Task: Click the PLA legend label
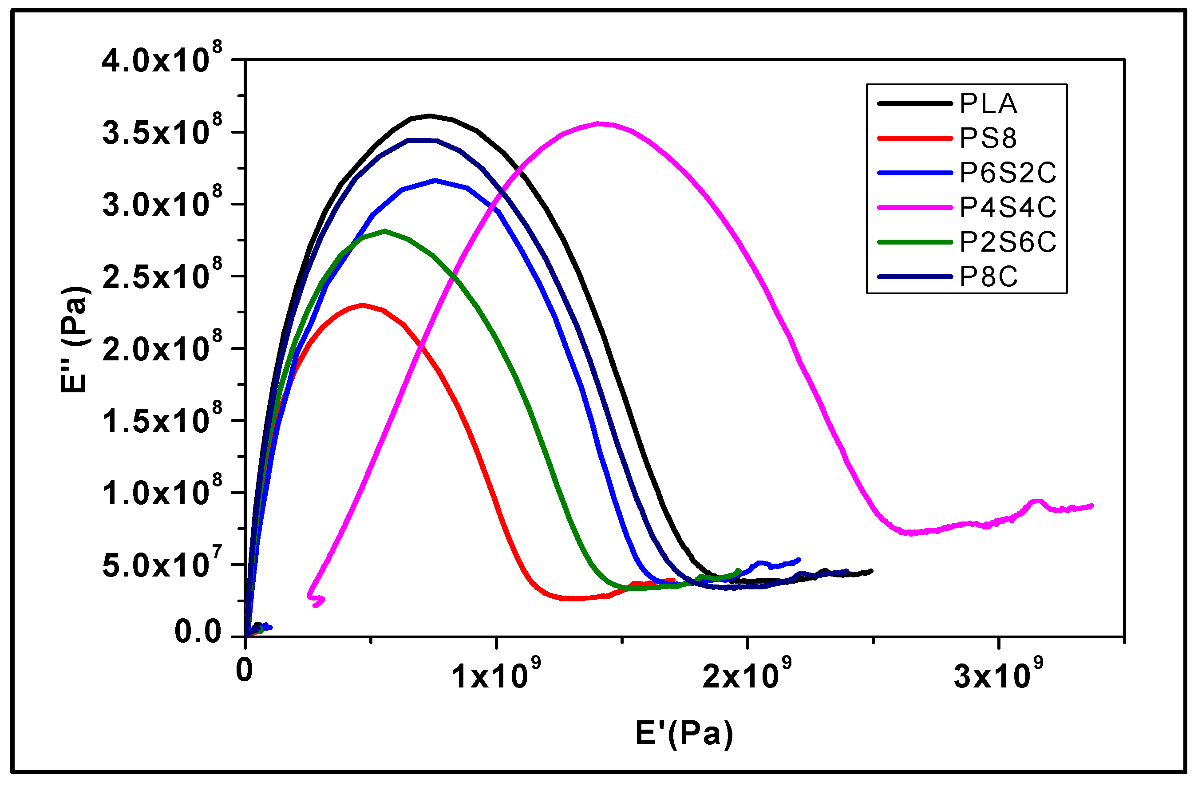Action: [x=988, y=104]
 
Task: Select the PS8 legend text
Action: [x=988, y=138]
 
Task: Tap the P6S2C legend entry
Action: [x=1007, y=173]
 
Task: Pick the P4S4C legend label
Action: [x=1007, y=207]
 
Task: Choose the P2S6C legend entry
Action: [x=1007, y=242]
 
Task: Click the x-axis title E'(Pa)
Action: [x=684, y=734]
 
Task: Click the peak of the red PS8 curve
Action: [x=363, y=305]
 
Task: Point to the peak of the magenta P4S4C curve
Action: [x=598, y=123]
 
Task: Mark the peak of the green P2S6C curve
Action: [x=385, y=231]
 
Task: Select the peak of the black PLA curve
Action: [x=429, y=116]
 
